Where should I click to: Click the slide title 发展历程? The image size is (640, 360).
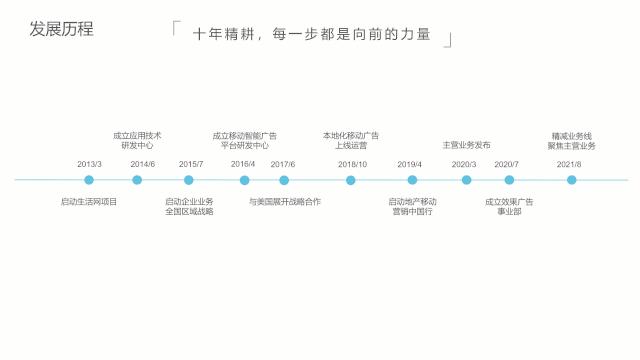(x=62, y=29)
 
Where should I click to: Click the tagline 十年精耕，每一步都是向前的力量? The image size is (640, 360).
(x=311, y=34)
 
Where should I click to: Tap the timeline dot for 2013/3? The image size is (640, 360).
(x=89, y=180)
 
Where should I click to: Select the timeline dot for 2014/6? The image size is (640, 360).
(x=137, y=180)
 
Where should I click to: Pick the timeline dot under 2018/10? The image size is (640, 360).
(x=351, y=180)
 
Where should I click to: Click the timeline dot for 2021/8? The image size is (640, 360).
(x=572, y=180)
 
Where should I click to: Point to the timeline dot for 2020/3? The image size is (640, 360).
(x=466, y=180)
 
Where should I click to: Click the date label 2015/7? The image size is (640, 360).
(x=191, y=164)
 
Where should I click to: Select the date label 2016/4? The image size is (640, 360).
(x=243, y=164)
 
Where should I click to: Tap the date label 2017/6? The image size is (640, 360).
(x=283, y=164)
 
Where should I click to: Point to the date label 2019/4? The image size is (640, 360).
(x=410, y=164)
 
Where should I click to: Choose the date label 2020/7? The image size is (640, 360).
(x=506, y=164)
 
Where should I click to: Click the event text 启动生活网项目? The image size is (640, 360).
(x=89, y=202)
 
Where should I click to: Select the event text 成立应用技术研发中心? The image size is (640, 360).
(x=137, y=140)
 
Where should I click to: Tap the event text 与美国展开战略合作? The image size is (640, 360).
(x=285, y=202)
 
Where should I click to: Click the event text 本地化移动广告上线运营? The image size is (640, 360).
(x=351, y=140)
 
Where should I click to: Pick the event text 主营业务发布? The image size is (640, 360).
(x=466, y=145)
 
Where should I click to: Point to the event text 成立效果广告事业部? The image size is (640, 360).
(x=509, y=207)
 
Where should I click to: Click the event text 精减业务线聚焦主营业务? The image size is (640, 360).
(x=571, y=140)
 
